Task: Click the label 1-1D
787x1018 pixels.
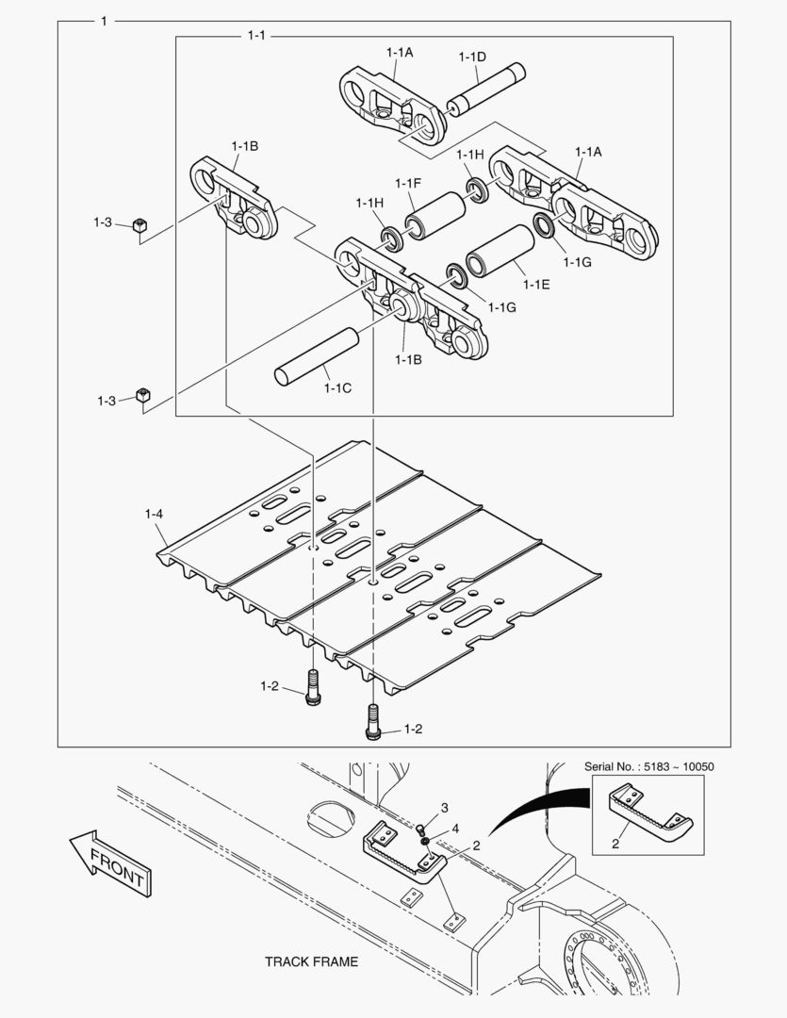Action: tap(472, 57)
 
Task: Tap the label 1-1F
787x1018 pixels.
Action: tap(408, 183)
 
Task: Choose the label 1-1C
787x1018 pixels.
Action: tap(337, 387)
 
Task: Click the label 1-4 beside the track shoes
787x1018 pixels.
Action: tap(154, 514)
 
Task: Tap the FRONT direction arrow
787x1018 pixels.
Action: tap(110, 863)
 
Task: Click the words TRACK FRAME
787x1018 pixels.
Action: tap(311, 962)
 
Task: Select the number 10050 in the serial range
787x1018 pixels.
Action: tap(694, 766)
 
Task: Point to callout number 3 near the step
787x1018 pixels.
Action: tap(445, 808)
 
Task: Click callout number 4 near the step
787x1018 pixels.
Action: tap(455, 829)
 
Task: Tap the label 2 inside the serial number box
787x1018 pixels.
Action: tap(615, 844)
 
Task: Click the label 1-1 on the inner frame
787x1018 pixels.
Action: tap(256, 36)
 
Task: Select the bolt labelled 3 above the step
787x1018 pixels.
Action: tap(421, 829)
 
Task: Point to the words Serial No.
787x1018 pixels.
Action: tap(610, 766)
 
